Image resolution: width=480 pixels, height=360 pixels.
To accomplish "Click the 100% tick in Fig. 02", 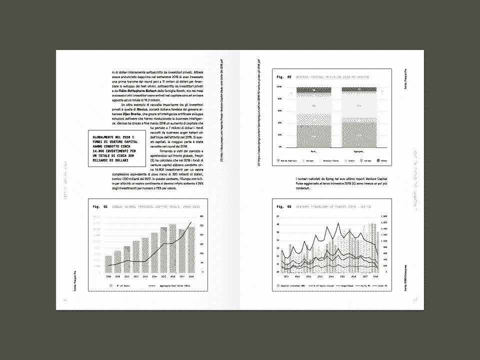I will pyautogui.click(x=279, y=87).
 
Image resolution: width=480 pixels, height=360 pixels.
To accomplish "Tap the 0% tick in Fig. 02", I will pyautogui.click(x=280, y=147).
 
